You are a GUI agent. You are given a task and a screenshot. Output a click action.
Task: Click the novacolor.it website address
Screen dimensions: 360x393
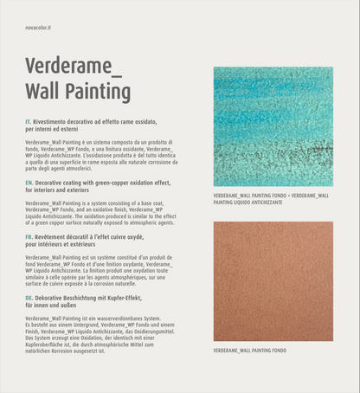click(38, 28)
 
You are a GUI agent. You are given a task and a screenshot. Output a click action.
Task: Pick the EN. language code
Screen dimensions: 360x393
click(29, 184)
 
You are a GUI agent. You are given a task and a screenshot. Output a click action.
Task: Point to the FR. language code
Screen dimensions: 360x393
click(29, 235)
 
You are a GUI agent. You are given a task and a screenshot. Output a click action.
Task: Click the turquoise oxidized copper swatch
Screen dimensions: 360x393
click(273, 126)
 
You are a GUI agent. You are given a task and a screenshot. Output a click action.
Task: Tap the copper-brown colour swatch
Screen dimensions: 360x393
click(273, 281)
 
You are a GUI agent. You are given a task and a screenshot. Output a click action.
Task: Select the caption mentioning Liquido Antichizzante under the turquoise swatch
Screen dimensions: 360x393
click(271, 199)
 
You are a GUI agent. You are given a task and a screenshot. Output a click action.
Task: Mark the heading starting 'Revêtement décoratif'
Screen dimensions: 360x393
click(87, 240)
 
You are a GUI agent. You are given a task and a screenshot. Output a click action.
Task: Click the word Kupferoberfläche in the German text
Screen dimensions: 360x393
click(47, 345)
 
